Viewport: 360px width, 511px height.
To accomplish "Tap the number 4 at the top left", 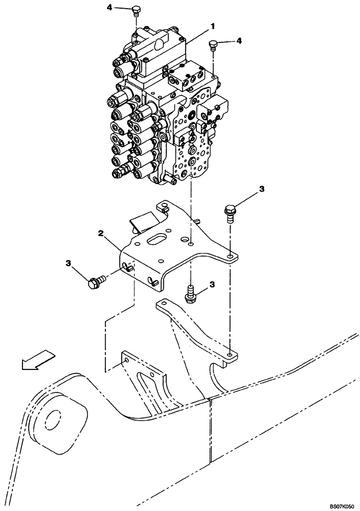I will tap(109, 8).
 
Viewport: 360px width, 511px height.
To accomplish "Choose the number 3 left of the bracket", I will tap(68, 263).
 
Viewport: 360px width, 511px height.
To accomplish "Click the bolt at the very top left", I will tap(136, 11).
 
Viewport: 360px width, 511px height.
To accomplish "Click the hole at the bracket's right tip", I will tap(231, 254).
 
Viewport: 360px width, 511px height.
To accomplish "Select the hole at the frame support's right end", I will tap(230, 354).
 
